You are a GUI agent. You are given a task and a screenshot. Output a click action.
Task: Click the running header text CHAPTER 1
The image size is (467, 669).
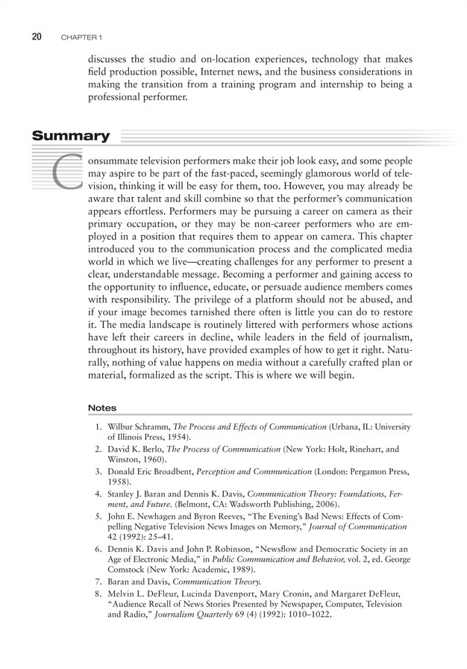[82, 37]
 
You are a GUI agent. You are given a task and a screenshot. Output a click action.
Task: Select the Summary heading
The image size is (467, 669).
[70, 137]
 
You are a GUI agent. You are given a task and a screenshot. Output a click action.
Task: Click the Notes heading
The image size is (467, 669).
[102, 408]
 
